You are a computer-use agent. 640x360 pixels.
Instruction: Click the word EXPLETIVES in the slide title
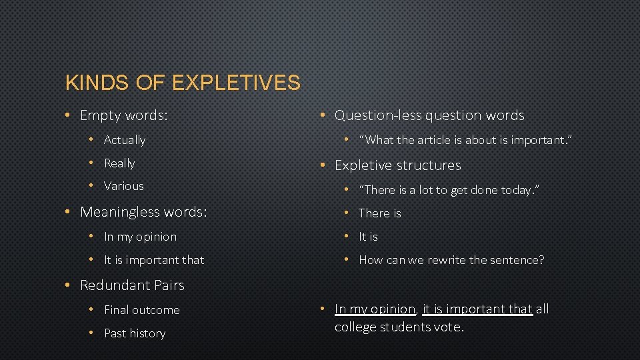point(236,83)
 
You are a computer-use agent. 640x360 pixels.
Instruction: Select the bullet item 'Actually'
point(125,140)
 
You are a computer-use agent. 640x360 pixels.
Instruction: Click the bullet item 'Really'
point(119,163)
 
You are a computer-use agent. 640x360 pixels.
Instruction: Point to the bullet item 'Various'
point(124,186)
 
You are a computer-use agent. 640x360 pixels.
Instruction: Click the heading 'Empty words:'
point(123,115)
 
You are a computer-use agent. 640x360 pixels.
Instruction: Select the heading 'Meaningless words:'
point(143,212)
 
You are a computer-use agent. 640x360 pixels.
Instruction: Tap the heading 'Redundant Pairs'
point(132,285)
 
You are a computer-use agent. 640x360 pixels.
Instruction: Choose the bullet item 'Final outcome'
point(142,310)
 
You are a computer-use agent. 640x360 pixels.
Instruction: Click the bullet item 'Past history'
point(135,333)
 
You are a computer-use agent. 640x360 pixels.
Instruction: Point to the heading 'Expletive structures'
point(397,165)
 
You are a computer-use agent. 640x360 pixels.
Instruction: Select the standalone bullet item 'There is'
point(380,213)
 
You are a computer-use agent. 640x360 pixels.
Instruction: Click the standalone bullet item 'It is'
point(368,237)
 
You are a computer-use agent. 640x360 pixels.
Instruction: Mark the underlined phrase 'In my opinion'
point(375,309)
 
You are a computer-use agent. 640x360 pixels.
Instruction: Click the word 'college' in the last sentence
point(357,327)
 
